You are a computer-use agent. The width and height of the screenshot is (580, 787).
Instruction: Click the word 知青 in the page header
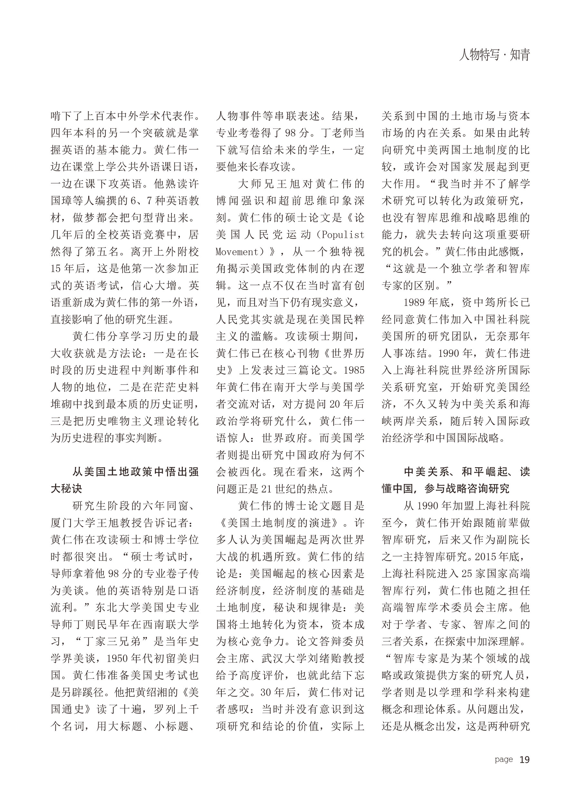tap(520, 55)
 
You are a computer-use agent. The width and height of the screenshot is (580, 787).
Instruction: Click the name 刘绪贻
tap(334, 659)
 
